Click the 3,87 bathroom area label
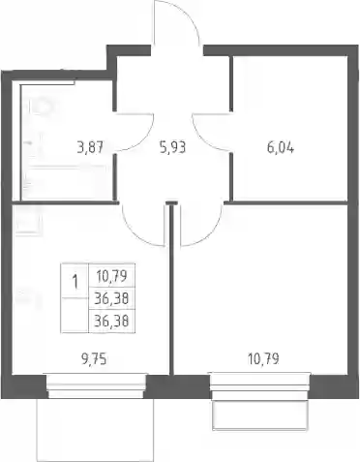coord(90,148)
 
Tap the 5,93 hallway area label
coord(172,148)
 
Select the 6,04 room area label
coord(281,148)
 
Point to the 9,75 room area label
coord(94,358)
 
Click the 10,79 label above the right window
coord(263,358)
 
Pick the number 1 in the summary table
coord(75,282)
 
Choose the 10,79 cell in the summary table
coord(112,276)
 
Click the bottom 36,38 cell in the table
coord(112,321)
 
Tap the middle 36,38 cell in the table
coord(112,298)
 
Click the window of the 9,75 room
coord(97,385)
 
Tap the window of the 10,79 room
coord(260,385)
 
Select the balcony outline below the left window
coord(97,428)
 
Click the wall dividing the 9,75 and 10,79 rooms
coord(171,289)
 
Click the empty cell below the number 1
coord(75,315)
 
